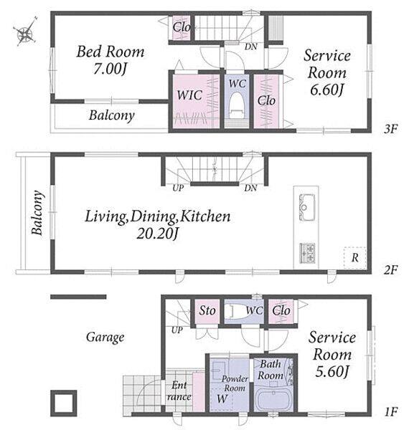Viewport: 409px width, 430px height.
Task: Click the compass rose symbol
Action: coord(26,32)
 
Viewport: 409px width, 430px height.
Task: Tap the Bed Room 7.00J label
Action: coord(110,59)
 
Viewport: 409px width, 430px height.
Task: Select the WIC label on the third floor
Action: coord(189,95)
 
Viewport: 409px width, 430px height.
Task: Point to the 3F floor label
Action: coord(390,128)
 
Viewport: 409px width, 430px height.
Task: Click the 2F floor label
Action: coord(390,270)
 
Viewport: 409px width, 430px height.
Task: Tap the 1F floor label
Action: coord(390,411)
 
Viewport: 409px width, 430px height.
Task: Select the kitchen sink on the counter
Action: coord(306,207)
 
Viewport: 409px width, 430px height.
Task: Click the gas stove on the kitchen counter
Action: coord(307,253)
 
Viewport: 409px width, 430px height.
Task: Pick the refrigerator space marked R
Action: coord(355,258)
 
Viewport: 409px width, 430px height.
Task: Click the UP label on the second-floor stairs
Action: coord(178,188)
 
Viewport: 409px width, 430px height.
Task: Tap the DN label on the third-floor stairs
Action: coord(251,47)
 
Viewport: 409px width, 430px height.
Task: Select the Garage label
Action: coord(105,337)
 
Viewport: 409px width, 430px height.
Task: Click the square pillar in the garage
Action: coord(63,403)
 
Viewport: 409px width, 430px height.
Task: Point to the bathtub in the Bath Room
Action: coord(272,400)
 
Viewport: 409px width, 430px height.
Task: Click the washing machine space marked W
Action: coord(222,398)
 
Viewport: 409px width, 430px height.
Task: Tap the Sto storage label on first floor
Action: coord(207,310)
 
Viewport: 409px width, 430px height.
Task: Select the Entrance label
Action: coord(179,391)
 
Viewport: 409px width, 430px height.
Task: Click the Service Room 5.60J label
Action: coord(332,354)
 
